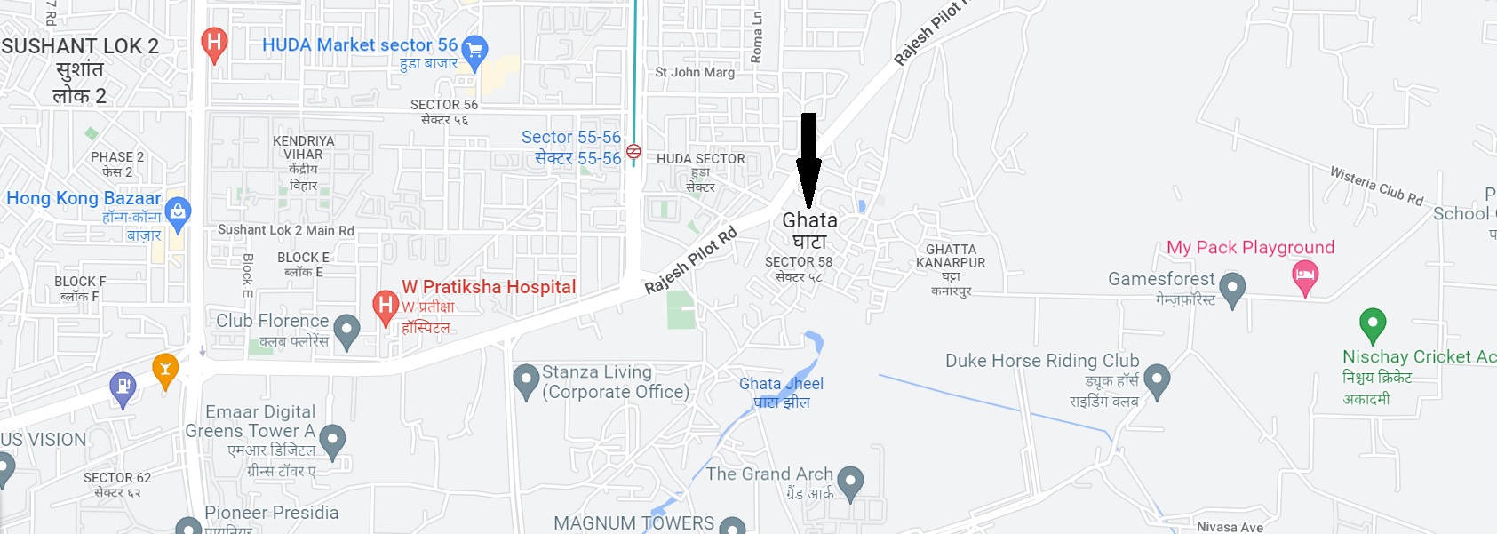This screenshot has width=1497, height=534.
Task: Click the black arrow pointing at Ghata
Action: pyautogui.click(x=808, y=160)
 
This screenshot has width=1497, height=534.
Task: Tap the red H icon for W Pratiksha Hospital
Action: pyautogui.click(x=386, y=307)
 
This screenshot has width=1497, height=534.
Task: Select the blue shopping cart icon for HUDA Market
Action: pyautogui.click(x=475, y=52)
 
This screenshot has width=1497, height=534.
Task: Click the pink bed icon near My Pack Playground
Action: pyautogui.click(x=1304, y=275)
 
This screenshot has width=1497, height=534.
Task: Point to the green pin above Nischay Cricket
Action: pyautogui.click(x=1373, y=323)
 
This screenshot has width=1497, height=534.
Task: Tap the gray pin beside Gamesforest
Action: pyautogui.click(x=1232, y=288)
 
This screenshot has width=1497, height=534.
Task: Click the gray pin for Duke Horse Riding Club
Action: pyautogui.click(x=1156, y=379)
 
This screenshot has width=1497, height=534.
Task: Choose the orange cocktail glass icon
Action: pyautogui.click(x=165, y=369)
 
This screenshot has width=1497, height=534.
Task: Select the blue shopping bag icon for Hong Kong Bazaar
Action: pyautogui.click(x=178, y=211)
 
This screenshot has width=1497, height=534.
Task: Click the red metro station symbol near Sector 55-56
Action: pyautogui.click(x=633, y=151)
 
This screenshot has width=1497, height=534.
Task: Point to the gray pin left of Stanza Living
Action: pyautogui.click(x=526, y=379)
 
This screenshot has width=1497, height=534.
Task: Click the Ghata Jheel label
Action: pyautogui.click(x=781, y=392)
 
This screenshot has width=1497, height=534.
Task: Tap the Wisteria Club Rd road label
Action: pyautogui.click(x=1376, y=186)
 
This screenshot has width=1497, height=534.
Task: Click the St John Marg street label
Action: pyautogui.click(x=695, y=72)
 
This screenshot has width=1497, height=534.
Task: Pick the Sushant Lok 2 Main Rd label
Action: pyautogui.click(x=286, y=230)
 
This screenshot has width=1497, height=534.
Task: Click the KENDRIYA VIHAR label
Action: pyautogui.click(x=304, y=147)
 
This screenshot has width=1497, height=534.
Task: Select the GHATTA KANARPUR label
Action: pyautogui.click(x=951, y=256)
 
